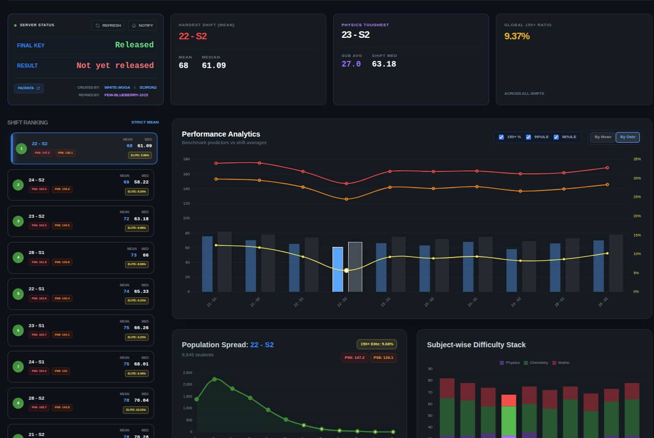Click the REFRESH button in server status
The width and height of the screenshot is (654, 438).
click(108, 25)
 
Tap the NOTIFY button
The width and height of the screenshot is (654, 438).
click(142, 25)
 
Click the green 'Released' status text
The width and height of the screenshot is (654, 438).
click(134, 45)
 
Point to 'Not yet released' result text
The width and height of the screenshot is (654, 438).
click(115, 66)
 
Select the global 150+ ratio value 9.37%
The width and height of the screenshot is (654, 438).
click(516, 36)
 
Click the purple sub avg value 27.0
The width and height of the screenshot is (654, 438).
click(351, 64)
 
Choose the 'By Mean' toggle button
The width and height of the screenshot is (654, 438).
click(603, 137)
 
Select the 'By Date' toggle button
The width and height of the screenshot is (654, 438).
click(628, 137)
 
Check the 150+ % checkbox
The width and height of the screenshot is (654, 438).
click(501, 137)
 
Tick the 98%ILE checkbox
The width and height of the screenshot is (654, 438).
click(556, 137)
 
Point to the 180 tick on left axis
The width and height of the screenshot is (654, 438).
click(186, 159)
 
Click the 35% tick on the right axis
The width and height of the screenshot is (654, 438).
click(637, 159)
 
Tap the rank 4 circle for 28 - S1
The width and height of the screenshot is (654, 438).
click(18, 258)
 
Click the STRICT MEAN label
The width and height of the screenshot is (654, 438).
click(145, 122)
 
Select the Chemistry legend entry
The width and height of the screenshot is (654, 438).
click(538, 363)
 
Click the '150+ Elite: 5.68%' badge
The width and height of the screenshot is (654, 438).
click(376, 344)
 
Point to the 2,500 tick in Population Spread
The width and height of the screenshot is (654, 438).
click(187, 373)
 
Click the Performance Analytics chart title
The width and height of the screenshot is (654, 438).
click(221, 134)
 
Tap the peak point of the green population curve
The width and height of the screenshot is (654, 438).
click(214, 379)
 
